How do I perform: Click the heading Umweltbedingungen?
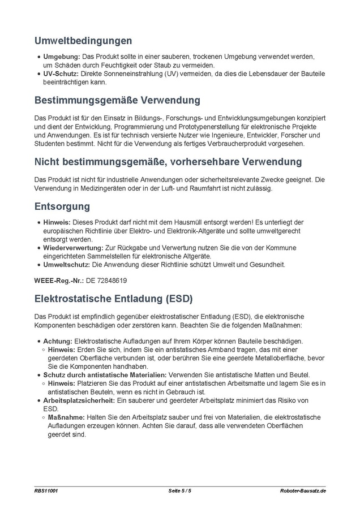[x=83, y=41]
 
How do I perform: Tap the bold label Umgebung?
[x=62, y=57]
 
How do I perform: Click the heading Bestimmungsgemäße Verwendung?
[x=117, y=100]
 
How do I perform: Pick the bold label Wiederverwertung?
[x=73, y=248]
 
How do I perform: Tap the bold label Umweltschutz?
[x=67, y=264]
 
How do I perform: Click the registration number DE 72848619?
[x=106, y=280]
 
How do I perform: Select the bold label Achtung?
[x=58, y=341]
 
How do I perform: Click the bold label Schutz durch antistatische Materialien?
[x=105, y=374]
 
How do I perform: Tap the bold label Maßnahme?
[x=67, y=417]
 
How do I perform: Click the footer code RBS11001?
[x=45, y=491]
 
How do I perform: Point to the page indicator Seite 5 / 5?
[x=179, y=491]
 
